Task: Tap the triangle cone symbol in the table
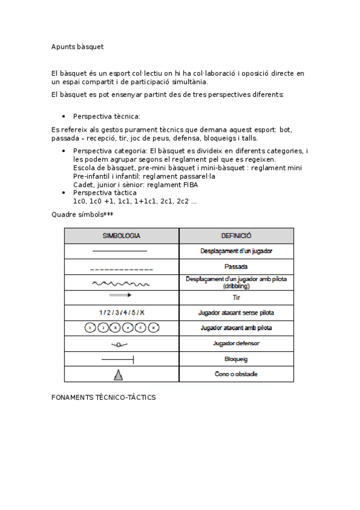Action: [118, 375]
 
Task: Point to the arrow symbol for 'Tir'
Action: [120, 296]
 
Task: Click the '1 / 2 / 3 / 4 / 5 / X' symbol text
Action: [121, 313]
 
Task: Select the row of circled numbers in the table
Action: [121, 328]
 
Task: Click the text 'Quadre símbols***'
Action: [82, 214]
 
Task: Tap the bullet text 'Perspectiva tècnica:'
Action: [106, 116]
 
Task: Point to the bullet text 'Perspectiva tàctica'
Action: [105, 192]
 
